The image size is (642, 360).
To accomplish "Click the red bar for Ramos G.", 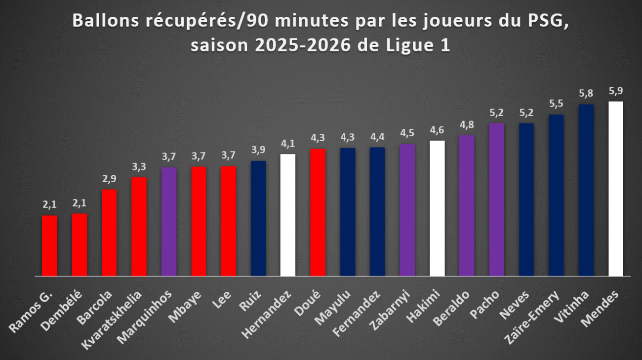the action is [49, 246].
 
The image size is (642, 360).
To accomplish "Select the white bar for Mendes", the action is [616, 189].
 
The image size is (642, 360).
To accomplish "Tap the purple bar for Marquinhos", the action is [169, 222].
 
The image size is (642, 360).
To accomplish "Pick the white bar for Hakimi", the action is [437, 208].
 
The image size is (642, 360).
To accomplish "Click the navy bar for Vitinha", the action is [586, 190].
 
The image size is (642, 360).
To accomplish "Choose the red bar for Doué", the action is [318, 213].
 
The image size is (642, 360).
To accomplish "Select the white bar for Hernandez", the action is [288, 215].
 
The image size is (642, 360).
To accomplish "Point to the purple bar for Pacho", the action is [497, 200].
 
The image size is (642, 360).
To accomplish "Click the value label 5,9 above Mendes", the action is [616, 91].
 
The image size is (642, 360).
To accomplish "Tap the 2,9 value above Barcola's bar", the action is [109, 179].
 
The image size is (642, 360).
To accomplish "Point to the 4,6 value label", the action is [437, 130].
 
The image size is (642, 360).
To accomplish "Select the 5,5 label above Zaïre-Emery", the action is [556, 104].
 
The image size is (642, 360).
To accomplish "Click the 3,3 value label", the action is [139, 167].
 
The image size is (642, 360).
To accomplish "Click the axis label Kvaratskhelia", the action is [112, 320].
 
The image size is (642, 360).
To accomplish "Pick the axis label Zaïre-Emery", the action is [532, 318].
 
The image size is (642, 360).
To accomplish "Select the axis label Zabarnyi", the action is [390, 310].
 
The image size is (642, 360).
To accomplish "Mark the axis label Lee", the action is [222, 300].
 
